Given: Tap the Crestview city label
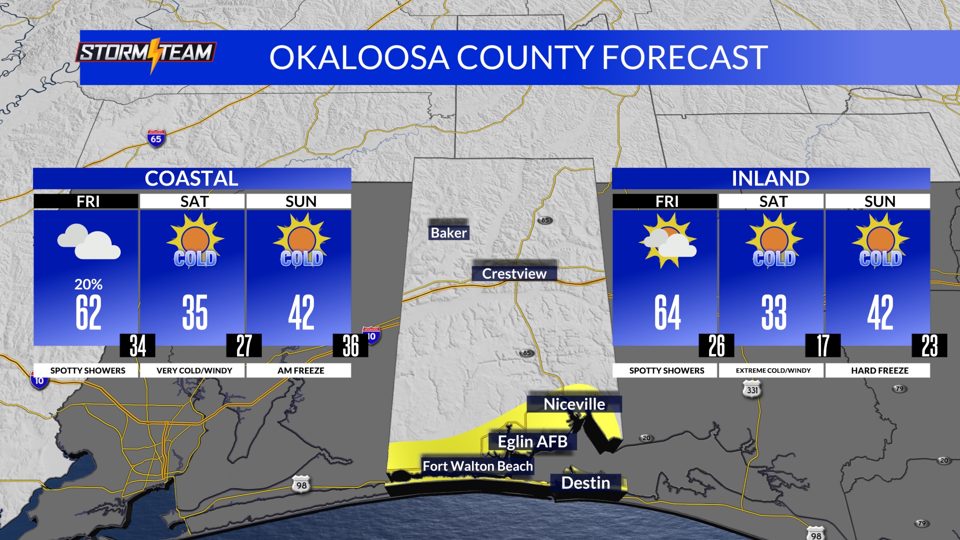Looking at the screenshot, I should pyautogui.click(x=514, y=273).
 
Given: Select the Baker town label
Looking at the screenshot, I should pyautogui.click(x=448, y=232).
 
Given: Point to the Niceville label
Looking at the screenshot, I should pyautogui.click(x=574, y=404).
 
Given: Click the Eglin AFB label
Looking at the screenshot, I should pyautogui.click(x=532, y=441).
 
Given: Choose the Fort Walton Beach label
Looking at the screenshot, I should pyautogui.click(x=477, y=466).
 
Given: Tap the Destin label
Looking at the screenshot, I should pyautogui.click(x=585, y=482).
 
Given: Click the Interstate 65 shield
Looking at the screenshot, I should pyautogui.click(x=156, y=138).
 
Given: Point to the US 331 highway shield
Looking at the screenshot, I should pyautogui.click(x=752, y=389).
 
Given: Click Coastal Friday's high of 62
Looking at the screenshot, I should pyautogui.click(x=88, y=312).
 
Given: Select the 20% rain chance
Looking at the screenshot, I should pyautogui.click(x=88, y=284).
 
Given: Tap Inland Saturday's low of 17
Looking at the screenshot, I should pyautogui.click(x=822, y=345).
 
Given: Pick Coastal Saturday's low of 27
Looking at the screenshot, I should pyautogui.click(x=244, y=345).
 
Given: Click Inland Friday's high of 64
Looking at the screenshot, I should pyautogui.click(x=667, y=312).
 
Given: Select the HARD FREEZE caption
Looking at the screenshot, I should pyautogui.click(x=879, y=370).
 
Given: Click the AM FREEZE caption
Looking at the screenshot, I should pyautogui.click(x=301, y=370).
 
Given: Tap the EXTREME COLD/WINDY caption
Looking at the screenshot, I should pyautogui.click(x=773, y=370).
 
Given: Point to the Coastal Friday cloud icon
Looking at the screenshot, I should pyautogui.click(x=88, y=241).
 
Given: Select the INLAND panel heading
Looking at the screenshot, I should pyautogui.click(x=770, y=178).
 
